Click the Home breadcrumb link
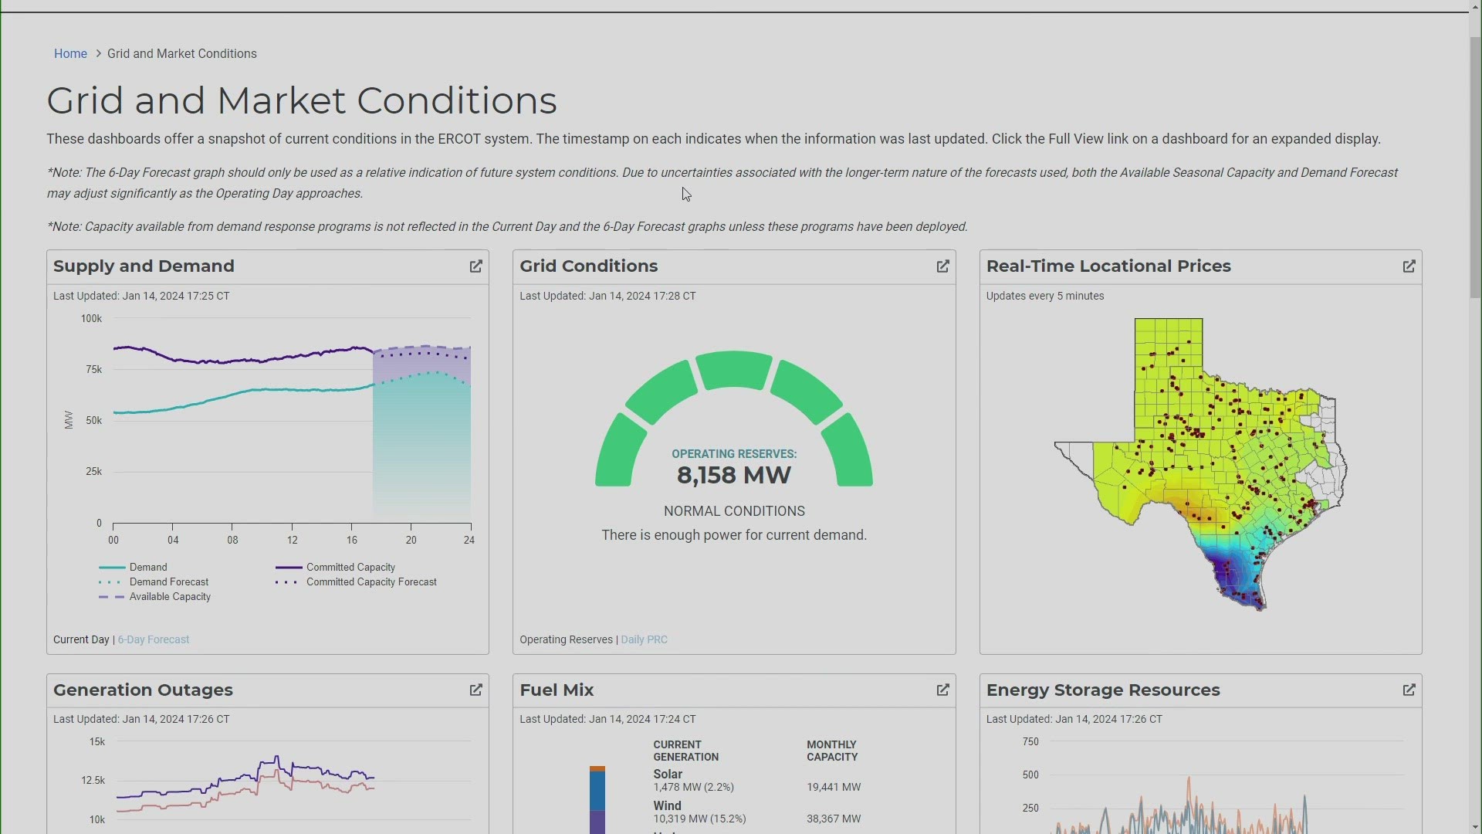coord(70,54)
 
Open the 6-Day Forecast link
coord(153,639)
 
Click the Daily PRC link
coord(644,639)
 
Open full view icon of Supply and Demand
coord(475,266)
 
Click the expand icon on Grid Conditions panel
coord(942,266)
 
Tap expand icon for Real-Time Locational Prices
coord(1409,266)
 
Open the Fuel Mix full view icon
coord(942,690)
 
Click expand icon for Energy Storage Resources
coord(1409,690)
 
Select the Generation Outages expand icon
coord(475,690)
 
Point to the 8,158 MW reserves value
coord(733,475)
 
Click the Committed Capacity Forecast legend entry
coord(370,582)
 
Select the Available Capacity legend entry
coord(170,597)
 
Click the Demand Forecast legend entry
coord(168,582)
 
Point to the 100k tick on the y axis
coord(91,319)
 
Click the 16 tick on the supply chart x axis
coord(351,541)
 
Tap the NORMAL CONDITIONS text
coord(733,511)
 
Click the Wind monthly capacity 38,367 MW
coord(833,819)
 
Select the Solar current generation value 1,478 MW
coord(693,787)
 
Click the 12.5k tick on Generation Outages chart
coord(93,781)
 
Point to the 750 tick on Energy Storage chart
coord(1030,742)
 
